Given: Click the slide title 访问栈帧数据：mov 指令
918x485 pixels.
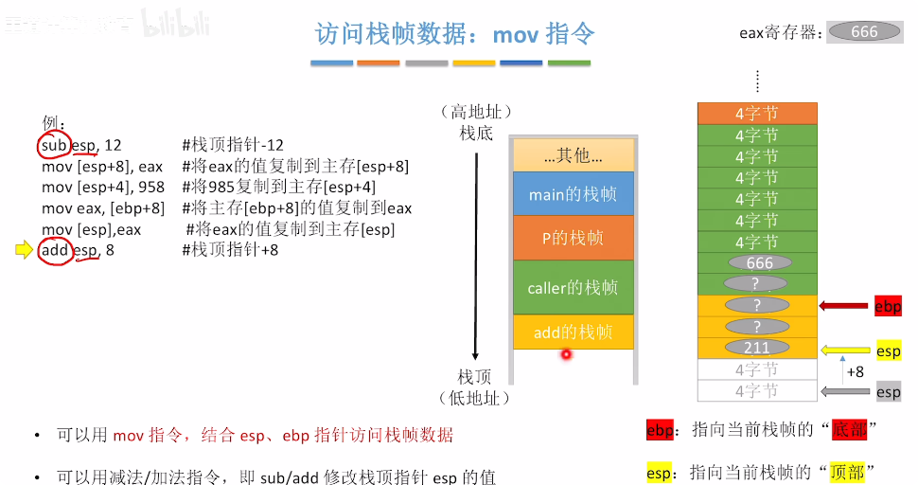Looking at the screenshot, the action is coord(455,35).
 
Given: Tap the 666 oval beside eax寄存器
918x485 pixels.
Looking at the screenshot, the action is coord(864,31).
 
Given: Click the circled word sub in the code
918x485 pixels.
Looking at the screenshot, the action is coord(55,146).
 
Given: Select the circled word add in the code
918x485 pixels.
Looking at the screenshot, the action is coord(55,251).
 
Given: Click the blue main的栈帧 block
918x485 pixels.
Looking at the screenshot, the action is coord(573,194).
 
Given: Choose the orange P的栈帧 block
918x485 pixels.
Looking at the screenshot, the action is coord(573,238).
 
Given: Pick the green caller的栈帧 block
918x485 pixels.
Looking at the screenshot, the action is coord(573,287).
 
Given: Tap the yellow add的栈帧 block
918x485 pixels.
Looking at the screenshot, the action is coord(573,332).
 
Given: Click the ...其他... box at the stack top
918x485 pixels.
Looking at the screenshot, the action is coord(573,154).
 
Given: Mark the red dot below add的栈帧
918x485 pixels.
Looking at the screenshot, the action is coord(566,354).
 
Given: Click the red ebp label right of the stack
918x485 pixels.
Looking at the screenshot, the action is coord(888,306).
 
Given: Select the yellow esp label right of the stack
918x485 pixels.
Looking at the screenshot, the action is coord(888,350).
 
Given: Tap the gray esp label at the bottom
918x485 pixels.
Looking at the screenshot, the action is coord(888,391).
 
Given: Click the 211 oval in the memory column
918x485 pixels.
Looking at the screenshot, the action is coord(757,349).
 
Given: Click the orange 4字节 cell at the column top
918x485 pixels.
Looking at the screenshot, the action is coord(757,114).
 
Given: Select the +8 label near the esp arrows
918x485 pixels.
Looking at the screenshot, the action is coord(855,372).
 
